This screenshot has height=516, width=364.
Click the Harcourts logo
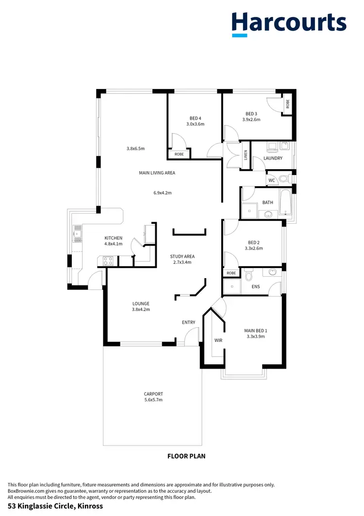[x=289, y=23]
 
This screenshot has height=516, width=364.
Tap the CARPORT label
[x=153, y=393]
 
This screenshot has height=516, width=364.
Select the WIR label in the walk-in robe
[x=218, y=340]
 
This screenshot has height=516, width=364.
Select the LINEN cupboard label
[x=246, y=155]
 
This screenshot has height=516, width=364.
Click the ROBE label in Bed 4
[x=179, y=155]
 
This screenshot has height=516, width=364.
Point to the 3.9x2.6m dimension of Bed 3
[x=251, y=119]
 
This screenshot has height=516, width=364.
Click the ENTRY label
[x=188, y=322]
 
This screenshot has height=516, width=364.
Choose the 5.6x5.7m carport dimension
[x=153, y=400]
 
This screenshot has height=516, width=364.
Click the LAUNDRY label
[x=273, y=159]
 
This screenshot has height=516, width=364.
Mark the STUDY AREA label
[x=182, y=256]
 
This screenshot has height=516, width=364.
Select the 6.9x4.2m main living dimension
[x=163, y=193]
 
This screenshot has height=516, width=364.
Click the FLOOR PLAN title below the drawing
[x=186, y=456]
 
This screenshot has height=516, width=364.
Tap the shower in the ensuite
[x=232, y=286]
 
